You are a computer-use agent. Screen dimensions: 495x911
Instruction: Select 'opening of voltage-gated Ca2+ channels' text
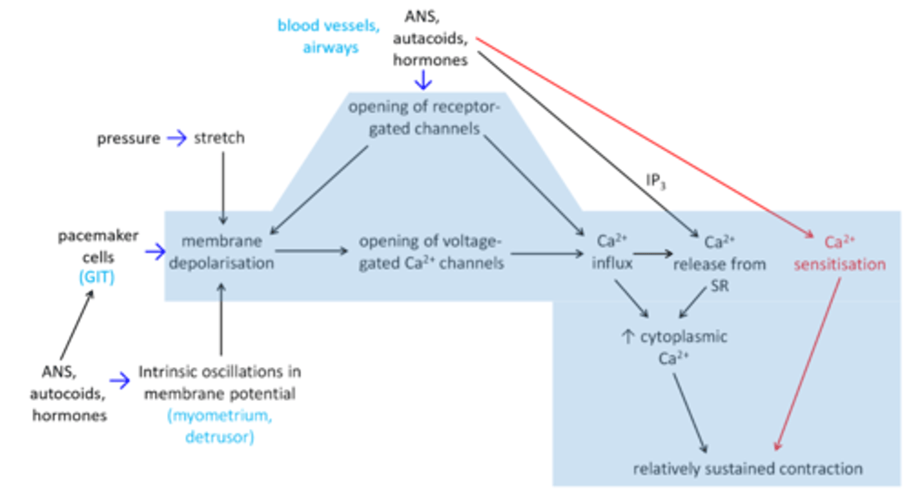pos(431,252)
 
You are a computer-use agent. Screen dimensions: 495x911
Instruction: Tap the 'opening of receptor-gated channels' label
pos(423,117)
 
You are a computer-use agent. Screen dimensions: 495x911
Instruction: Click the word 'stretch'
pos(219,138)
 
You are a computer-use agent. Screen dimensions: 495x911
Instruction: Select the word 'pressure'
pos(128,139)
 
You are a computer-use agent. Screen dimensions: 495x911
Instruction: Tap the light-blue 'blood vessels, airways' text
pos(328,37)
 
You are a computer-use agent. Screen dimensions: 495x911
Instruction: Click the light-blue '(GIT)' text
pos(96,277)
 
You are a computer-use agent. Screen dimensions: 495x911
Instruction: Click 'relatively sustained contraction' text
pos(748,468)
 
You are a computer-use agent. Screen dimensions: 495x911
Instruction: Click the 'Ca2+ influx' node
pos(611,252)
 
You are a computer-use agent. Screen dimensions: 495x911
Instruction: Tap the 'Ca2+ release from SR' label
pos(719,263)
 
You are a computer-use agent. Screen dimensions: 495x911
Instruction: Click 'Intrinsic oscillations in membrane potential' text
pos(220,382)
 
